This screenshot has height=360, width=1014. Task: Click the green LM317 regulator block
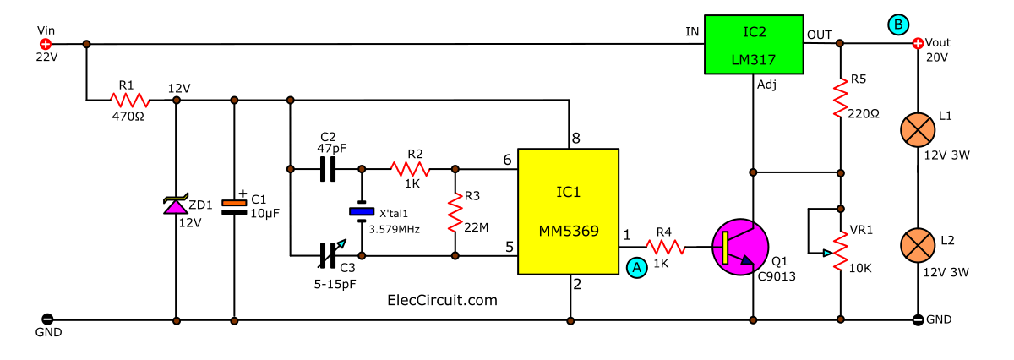click(x=754, y=45)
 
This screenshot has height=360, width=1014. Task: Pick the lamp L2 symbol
click(x=918, y=242)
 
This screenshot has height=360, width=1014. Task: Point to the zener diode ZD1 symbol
click(x=176, y=205)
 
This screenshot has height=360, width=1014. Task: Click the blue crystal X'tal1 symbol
click(x=362, y=213)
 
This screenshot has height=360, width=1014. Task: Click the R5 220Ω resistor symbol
click(x=840, y=100)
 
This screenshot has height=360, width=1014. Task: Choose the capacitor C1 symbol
click(x=233, y=207)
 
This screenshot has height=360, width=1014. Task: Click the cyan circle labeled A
click(x=636, y=267)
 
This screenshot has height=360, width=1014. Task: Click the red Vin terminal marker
click(x=46, y=44)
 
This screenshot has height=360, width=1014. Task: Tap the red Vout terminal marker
click(x=919, y=44)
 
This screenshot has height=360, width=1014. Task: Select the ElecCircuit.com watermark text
click(x=441, y=300)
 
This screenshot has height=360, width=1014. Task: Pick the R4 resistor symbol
click(x=666, y=247)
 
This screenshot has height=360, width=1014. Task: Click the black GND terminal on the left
click(x=46, y=320)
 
